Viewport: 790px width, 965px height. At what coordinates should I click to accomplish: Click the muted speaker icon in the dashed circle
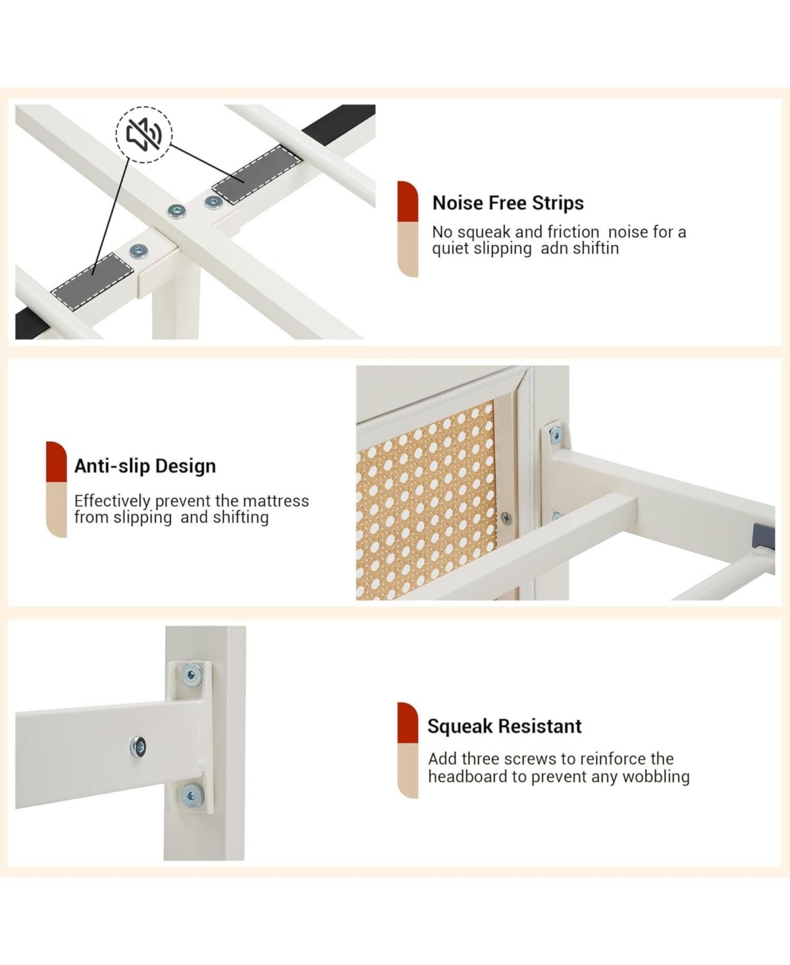(x=144, y=134)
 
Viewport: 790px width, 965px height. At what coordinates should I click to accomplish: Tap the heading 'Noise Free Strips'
(x=508, y=203)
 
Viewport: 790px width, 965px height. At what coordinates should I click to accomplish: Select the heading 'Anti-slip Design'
(x=145, y=466)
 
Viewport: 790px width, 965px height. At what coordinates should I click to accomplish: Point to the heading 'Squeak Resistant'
(x=504, y=726)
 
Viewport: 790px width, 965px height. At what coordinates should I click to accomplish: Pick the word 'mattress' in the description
(x=276, y=501)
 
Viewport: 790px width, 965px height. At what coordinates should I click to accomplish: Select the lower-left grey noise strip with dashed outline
(x=92, y=281)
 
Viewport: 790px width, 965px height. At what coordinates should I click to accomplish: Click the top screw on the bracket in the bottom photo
(x=192, y=675)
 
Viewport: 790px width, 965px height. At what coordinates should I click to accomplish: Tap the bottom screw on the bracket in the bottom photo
(x=192, y=796)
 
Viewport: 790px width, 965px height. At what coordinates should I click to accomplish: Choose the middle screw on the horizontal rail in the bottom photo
(x=138, y=746)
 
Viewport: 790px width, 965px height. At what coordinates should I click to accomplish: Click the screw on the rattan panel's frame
(x=506, y=518)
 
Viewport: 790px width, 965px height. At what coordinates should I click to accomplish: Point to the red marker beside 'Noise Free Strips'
(x=408, y=201)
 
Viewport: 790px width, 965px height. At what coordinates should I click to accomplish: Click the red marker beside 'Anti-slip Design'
(x=57, y=461)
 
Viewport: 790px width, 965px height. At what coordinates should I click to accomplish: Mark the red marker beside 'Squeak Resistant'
(x=408, y=723)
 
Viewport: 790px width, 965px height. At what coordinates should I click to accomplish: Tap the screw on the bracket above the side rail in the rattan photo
(x=556, y=434)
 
